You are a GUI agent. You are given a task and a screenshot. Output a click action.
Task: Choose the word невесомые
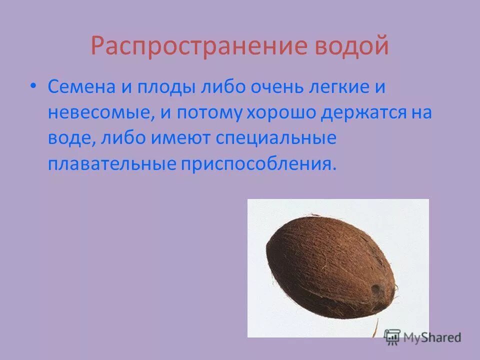(100, 113)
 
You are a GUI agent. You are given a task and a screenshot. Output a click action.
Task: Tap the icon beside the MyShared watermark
(392, 336)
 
